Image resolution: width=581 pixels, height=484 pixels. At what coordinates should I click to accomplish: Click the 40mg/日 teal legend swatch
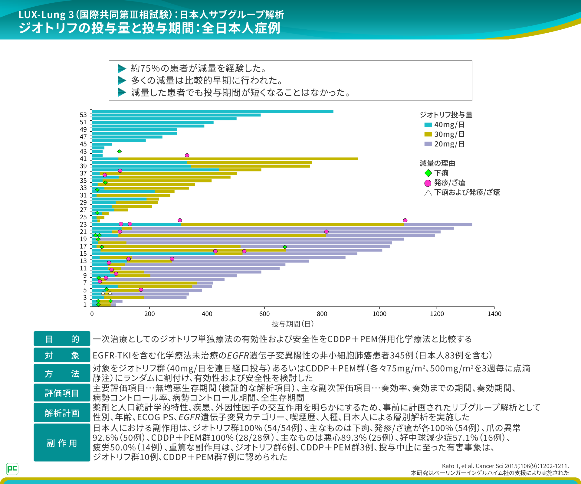tap(428, 125)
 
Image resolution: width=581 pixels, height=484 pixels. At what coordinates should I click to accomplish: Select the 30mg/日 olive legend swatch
tap(428, 134)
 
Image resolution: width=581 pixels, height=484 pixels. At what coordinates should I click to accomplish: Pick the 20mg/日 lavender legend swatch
tap(428, 144)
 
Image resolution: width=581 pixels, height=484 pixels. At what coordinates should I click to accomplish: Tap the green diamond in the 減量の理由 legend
tap(428, 173)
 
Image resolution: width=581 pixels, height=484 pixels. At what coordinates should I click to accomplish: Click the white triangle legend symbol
tap(428, 193)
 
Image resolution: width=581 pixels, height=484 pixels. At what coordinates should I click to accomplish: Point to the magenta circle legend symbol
tap(428, 183)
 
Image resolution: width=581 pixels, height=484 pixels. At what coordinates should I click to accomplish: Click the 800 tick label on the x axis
tap(322, 314)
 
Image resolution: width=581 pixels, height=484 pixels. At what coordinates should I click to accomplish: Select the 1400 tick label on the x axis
tap(494, 314)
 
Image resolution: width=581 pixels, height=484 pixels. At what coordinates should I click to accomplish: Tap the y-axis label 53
tap(83, 115)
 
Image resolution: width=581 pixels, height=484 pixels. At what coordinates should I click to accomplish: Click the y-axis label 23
tap(83, 224)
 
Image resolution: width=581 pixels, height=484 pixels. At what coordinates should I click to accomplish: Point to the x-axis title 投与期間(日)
tap(293, 324)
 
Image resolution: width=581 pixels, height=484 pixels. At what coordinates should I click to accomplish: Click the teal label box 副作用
tap(62, 443)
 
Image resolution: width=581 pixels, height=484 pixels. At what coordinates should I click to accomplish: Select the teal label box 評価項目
tap(62, 393)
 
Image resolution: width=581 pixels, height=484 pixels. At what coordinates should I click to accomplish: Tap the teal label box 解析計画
tap(62, 413)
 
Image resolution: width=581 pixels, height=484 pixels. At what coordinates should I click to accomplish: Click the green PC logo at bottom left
tap(12, 469)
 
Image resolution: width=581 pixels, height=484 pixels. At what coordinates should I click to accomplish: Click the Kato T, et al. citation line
tap(505, 466)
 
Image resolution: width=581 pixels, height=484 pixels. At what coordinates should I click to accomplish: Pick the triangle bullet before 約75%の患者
tap(122, 69)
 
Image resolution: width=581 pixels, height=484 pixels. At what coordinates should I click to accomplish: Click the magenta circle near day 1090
tap(405, 220)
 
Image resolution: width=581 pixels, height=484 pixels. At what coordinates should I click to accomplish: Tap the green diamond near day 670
tap(285, 247)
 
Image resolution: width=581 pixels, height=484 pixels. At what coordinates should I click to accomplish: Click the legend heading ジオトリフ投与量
tap(446, 115)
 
